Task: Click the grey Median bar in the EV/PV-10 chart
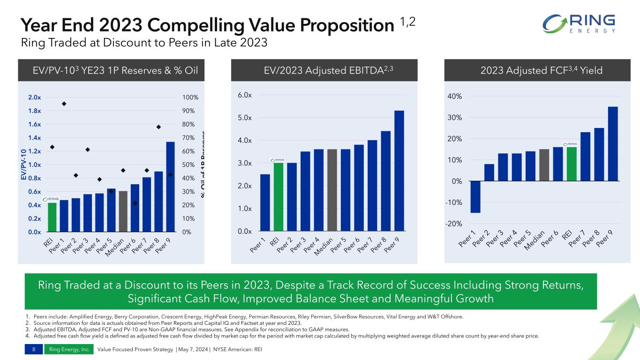123,211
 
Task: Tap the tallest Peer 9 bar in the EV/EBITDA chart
399,171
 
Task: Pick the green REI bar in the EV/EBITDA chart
279,197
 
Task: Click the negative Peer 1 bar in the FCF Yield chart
475,197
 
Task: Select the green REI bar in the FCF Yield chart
572,164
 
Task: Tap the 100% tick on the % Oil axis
191,97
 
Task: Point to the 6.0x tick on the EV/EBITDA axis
244,95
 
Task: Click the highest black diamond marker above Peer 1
64,104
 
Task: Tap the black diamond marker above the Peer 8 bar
158,127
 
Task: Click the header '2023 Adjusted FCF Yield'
542,71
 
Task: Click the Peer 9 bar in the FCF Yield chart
612,144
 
